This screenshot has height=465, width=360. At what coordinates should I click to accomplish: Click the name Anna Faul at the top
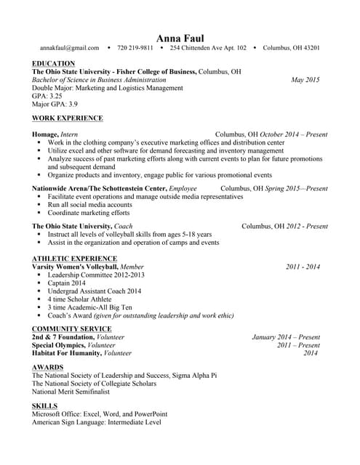click(180, 37)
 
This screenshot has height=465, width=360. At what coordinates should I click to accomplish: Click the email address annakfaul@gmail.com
click(70, 48)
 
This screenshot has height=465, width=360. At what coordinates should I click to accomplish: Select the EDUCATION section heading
click(53, 64)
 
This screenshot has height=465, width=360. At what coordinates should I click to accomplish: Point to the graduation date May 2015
click(305, 80)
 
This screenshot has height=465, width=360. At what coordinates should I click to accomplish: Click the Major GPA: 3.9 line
click(55, 104)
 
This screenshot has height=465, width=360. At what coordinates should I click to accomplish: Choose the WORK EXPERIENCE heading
click(68, 118)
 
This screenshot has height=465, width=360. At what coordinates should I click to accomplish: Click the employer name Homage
click(45, 134)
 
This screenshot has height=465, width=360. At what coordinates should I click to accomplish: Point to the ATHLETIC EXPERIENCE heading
click(74, 259)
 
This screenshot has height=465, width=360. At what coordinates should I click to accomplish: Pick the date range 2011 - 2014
click(303, 267)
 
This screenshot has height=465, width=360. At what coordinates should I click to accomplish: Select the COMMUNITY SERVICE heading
click(71, 329)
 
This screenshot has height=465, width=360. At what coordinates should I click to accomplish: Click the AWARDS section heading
click(47, 368)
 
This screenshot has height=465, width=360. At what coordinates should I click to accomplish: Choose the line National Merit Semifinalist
click(71, 391)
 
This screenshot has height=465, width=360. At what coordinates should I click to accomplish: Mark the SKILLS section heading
click(45, 405)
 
